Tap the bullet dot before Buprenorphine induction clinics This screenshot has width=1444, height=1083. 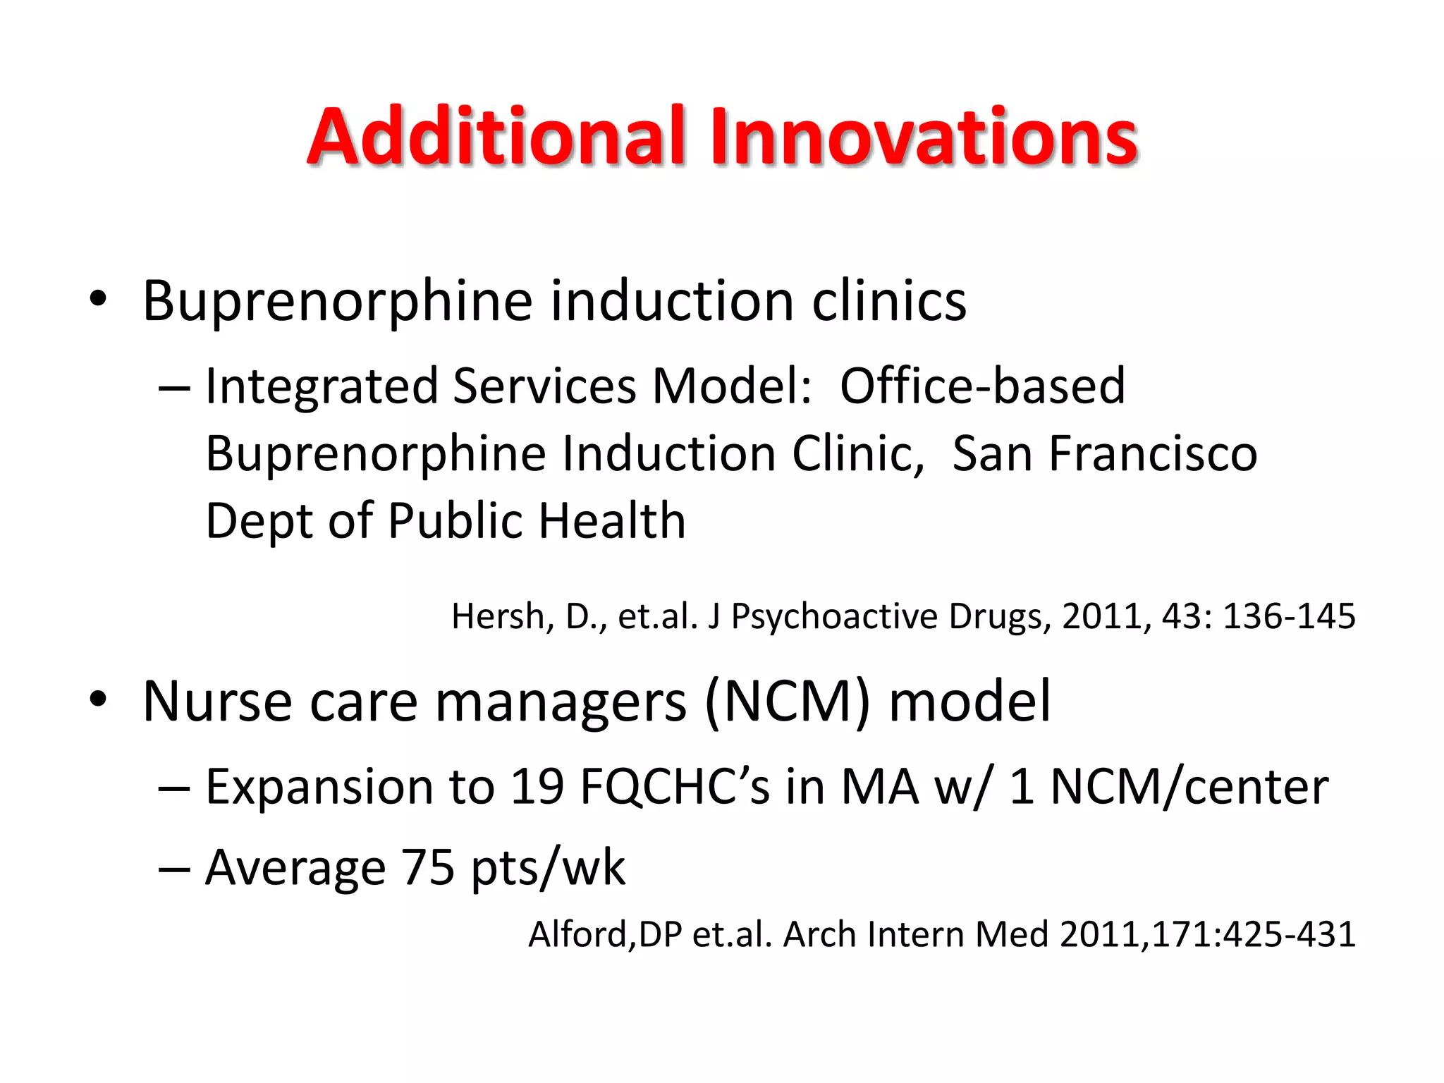(x=98, y=299)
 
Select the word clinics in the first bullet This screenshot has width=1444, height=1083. (x=889, y=301)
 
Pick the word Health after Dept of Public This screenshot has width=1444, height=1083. (x=612, y=521)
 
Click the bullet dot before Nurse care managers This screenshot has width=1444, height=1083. (x=98, y=699)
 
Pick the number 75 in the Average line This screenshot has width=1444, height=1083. (x=427, y=867)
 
